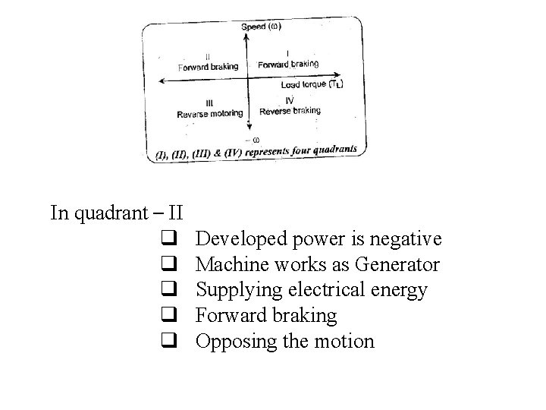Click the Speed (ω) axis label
pos(261,27)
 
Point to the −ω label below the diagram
pos(251,139)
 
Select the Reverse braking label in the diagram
pos(290,111)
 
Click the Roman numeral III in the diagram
pos(209,103)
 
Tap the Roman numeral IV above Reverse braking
pos(290,100)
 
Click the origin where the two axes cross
pos(249,77)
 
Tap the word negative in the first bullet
pos(406,239)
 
